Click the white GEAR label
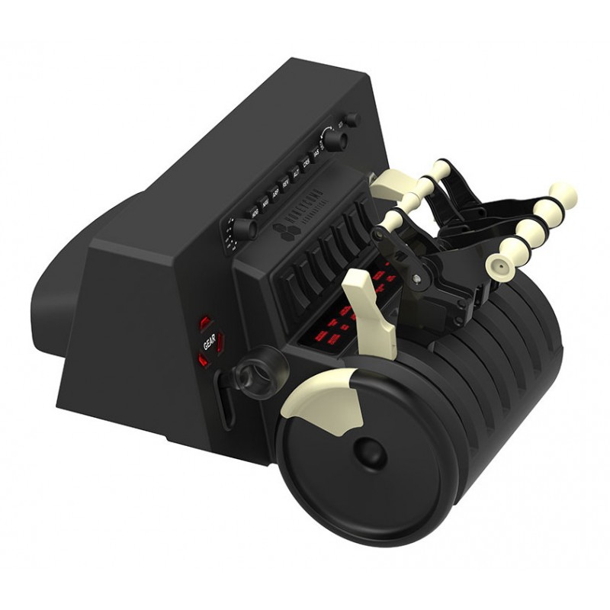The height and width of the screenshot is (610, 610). (208, 343)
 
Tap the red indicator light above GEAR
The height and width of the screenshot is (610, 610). (204, 323)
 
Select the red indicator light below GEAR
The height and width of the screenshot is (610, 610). (204, 360)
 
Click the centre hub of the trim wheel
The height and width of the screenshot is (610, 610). (370, 454)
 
